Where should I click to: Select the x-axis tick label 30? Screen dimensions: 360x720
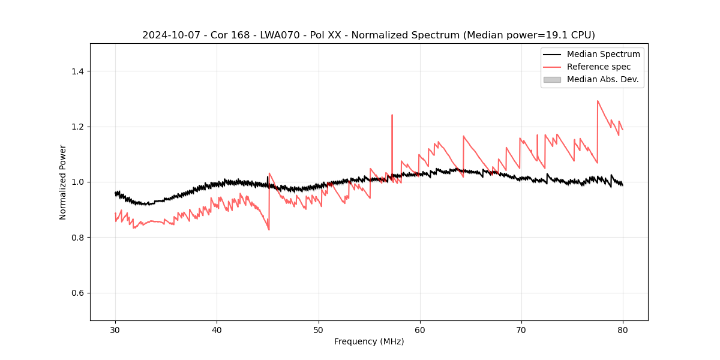point(116,329)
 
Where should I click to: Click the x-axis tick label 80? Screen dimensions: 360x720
point(623,329)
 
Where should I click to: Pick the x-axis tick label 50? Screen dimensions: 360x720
point(319,329)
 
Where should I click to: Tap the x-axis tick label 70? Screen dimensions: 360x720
point(521,329)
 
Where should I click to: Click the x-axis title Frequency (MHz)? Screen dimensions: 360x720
point(369,341)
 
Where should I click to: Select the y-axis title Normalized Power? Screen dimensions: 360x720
point(63,182)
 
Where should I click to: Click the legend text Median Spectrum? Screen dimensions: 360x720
point(603,54)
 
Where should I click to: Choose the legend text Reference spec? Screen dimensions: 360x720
point(599,67)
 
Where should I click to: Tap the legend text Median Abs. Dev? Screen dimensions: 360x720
point(602,79)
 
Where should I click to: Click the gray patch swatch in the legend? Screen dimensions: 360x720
point(552,79)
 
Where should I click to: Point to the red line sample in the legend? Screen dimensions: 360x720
point(552,67)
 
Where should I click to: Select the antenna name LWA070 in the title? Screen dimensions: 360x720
point(280,35)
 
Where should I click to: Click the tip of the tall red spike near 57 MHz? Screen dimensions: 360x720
point(392,115)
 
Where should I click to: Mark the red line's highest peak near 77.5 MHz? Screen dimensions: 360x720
point(598,101)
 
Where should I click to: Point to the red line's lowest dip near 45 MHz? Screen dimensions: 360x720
point(269,230)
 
